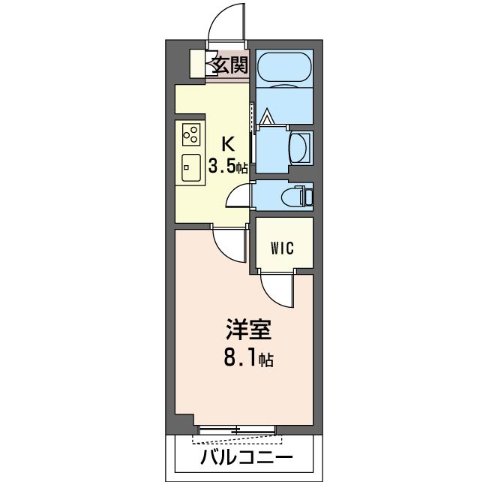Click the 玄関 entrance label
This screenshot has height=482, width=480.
click(x=230, y=65)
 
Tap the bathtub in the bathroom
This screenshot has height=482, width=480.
click(x=284, y=68)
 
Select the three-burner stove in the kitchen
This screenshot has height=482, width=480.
click(x=191, y=134)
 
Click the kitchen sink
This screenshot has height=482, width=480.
click(x=191, y=167)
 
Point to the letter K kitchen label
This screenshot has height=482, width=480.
click(x=228, y=144)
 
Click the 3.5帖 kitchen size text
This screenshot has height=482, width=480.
click(x=228, y=167)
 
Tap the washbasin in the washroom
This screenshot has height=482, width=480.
click(x=300, y=148)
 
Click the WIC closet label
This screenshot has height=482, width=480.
click(x=283, y=248)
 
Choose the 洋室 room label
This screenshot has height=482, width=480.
click(x=249, y=330)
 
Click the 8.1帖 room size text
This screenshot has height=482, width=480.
click(x=249, y=358)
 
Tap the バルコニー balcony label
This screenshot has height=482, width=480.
click(x=247, y=458)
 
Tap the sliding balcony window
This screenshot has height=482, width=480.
click(x=237, y=429)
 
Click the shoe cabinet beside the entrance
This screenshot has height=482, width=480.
click(x=197, y=64)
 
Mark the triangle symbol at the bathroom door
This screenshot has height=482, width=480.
click(x=266, y=116)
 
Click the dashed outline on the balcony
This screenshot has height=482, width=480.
click(x=237, y=439)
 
